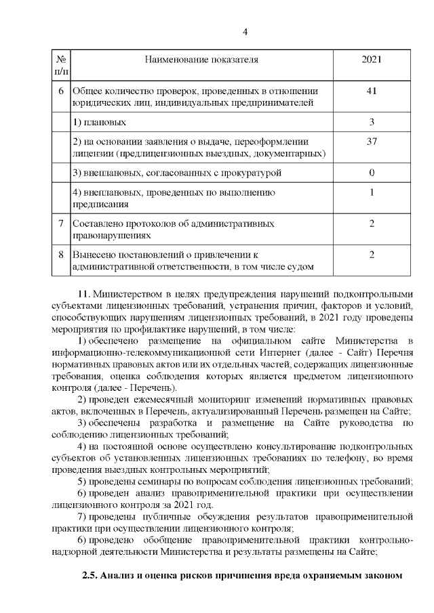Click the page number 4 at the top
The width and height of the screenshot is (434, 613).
245,32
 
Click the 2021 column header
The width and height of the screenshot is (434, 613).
372,60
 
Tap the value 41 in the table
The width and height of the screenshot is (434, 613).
372,91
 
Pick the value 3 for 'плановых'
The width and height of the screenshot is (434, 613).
372,123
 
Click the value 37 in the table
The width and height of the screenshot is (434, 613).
372,142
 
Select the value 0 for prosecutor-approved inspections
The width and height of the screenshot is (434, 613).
372,173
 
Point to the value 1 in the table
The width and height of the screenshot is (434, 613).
372,192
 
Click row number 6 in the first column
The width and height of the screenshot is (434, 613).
61,91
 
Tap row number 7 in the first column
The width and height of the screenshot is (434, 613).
61,224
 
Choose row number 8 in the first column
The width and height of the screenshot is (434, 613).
61,255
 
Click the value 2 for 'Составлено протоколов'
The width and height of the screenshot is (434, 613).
372,224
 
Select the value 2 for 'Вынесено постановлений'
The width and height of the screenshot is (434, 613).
372,255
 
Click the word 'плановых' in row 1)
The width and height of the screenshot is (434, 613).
103,123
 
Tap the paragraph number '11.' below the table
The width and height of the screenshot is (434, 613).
85,295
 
